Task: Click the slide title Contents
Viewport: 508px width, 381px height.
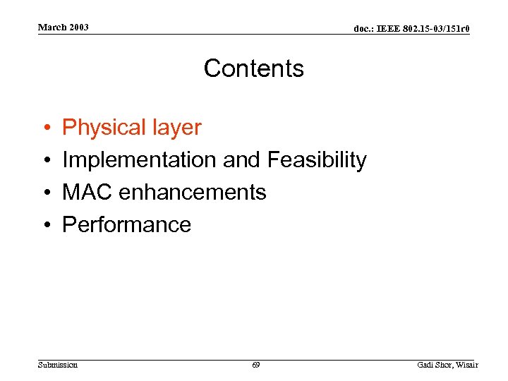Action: (x=254, y=68)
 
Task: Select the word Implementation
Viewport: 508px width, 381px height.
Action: (x=140, y=160)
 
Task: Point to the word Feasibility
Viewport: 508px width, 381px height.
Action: (x=317, y=160)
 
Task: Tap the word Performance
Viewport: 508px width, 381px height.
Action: (x=127, y=224)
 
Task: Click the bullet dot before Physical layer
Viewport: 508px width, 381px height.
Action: (x=45, y=128)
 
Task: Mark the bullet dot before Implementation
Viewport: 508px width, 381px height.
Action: (x=45, y=161)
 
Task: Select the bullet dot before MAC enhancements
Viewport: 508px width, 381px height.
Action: (x=45, y=193)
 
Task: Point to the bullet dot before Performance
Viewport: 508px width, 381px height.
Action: (x=45, y=225)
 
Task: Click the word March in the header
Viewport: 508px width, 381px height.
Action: (x=52, y=28)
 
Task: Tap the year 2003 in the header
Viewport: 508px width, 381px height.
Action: (x=78, y=28)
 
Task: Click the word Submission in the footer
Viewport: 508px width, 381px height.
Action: (x=58, y=365)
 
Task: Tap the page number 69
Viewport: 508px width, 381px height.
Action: (x=255, y=365)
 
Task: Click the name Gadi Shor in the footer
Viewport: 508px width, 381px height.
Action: (x=434, y=365)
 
